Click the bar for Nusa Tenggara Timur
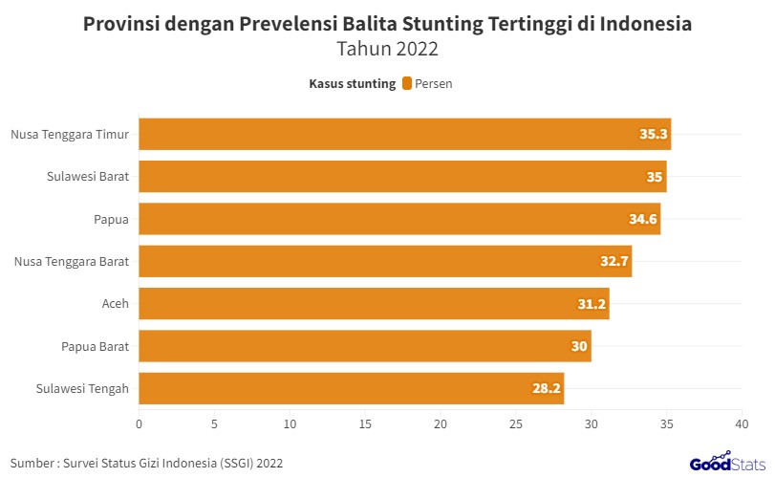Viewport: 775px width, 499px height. (405, 135)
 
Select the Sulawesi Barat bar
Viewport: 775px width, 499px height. (402, 177)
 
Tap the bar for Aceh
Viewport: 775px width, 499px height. (374, 304)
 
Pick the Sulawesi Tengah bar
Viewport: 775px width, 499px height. (352, 389)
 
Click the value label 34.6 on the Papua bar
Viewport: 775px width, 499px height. (642, 220)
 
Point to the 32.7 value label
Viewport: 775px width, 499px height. (614, 262)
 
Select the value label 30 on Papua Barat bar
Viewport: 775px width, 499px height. (579, 346)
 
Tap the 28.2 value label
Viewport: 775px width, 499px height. (546, 389)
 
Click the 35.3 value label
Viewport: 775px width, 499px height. (653, 135)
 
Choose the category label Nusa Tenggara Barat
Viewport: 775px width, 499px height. (72, 262)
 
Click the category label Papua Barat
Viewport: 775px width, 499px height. (95, 346)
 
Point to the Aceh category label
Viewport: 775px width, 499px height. (115, 304)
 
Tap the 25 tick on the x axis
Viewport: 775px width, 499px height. (516, 423)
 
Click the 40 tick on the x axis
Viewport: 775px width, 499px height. (741, 423)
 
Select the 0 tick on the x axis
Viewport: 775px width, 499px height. (140, 423)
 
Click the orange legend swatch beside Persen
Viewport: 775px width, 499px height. (407, 84)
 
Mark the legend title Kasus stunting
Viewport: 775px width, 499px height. (352, 84)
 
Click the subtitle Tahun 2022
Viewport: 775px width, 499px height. (387, 50)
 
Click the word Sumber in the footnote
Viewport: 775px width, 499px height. (32, 464)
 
